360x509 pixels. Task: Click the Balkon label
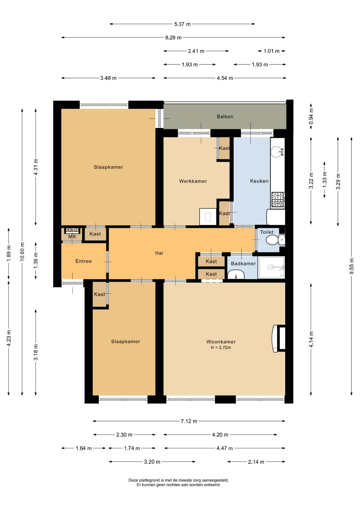pyautogui.click(x=225, y=116)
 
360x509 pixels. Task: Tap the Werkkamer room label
pyautogui.click(x=193, y=181)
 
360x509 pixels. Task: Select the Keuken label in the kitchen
pyautogui.click(x=259, y=181)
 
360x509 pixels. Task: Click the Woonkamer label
pyautogui.click(x=221, y=342)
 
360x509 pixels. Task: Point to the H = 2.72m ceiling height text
pyautogui.click(x=221, y=348)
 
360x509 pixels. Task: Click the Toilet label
pyautogui.click(x=267, y=232)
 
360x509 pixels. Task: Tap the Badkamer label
pyautogui.click(x=243, y=264)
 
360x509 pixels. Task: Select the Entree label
pyautogui.click(x=84, y=261)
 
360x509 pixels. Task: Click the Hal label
pyautogui.click(x=159, y=253)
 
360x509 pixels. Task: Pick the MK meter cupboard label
pyautogui.click(x=72, y=237)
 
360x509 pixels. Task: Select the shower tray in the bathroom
pyautogui.click(x=271, y=268)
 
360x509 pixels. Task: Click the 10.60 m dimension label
pyautogui.click(x=22, y=251)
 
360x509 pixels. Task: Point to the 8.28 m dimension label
pyautogui.click(x=173, y=37)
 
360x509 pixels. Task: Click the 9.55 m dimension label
pyautogui.click(x=351, y=266)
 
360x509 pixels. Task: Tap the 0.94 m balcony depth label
pyautogui.click(x=311, y=116)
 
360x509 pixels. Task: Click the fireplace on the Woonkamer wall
pyautogui.click(x=279, y=338)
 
